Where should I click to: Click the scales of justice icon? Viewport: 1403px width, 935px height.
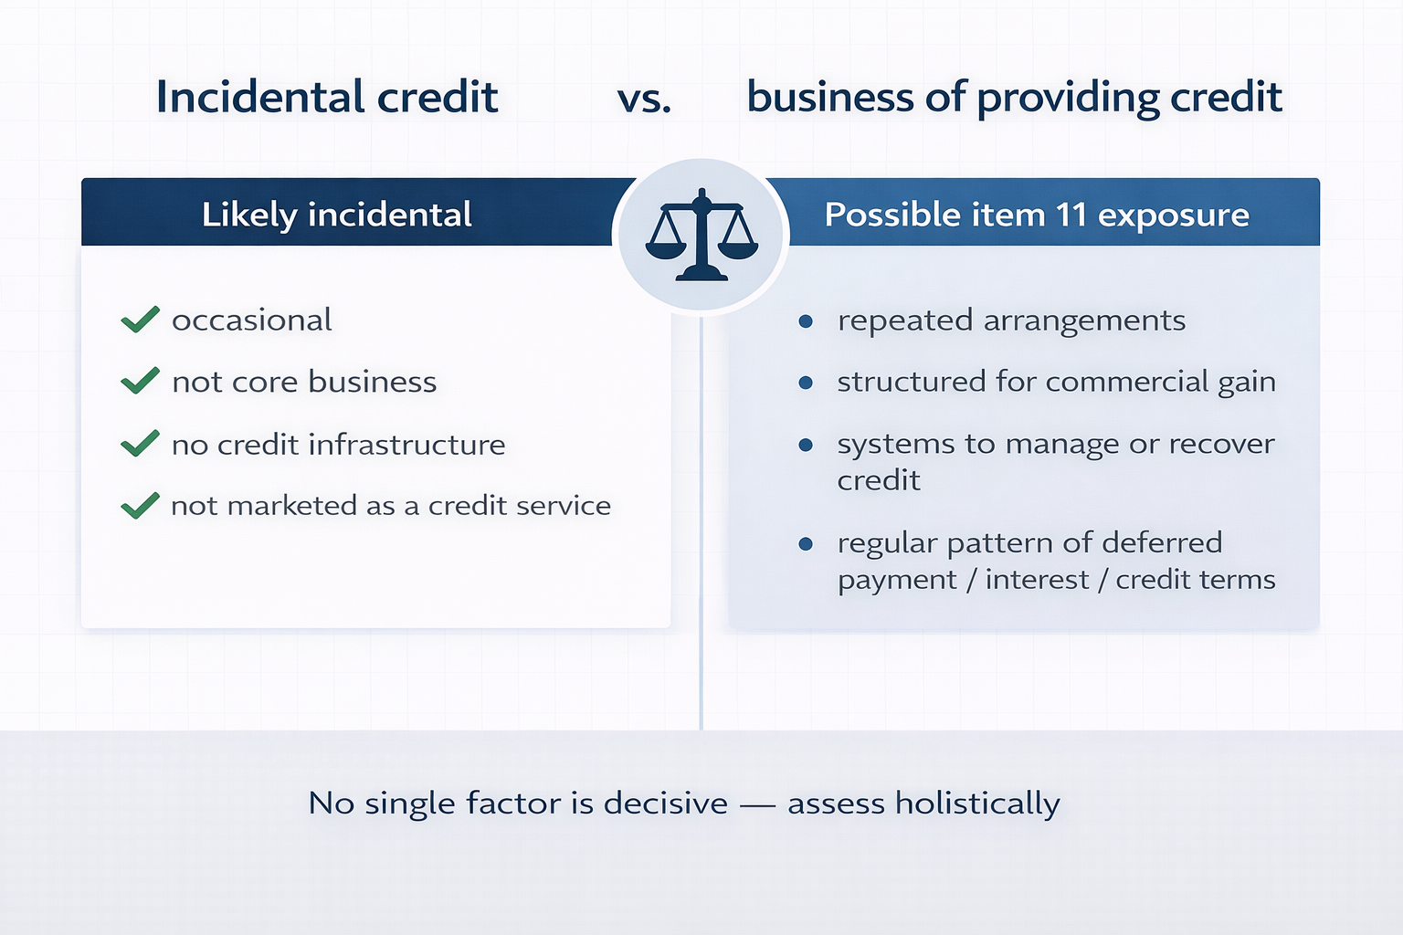point(701,235)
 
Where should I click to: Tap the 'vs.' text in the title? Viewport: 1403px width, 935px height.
point(644,98)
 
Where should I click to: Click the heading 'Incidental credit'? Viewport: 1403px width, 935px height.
point(327,97)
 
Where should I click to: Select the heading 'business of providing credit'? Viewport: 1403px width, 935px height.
point(1014,97)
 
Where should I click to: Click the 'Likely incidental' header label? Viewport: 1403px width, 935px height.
point(336,215)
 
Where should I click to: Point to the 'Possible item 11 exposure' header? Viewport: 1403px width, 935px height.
point(1037,215)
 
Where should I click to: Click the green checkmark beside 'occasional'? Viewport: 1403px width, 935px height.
point(140,320)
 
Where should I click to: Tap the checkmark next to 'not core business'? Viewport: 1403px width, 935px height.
point(140,381)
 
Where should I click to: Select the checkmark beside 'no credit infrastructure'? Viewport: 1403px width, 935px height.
point(140,444)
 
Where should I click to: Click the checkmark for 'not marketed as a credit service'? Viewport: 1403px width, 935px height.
point(140,505)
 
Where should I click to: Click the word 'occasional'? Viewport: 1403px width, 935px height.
point(251,320)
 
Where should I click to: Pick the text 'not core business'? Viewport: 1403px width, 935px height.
point(304,382)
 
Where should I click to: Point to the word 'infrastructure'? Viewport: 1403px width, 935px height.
point(406,445)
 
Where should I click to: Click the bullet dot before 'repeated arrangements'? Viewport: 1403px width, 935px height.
point(806,320)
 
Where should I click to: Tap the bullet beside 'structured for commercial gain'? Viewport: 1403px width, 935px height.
point(806,383)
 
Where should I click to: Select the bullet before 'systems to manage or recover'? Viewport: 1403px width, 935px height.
point(806,445)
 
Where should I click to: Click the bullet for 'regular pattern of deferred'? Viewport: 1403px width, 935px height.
point(806,543)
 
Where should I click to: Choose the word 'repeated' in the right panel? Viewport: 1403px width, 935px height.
point(905,321)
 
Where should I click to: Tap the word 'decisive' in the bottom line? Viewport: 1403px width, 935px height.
point(665,804)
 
